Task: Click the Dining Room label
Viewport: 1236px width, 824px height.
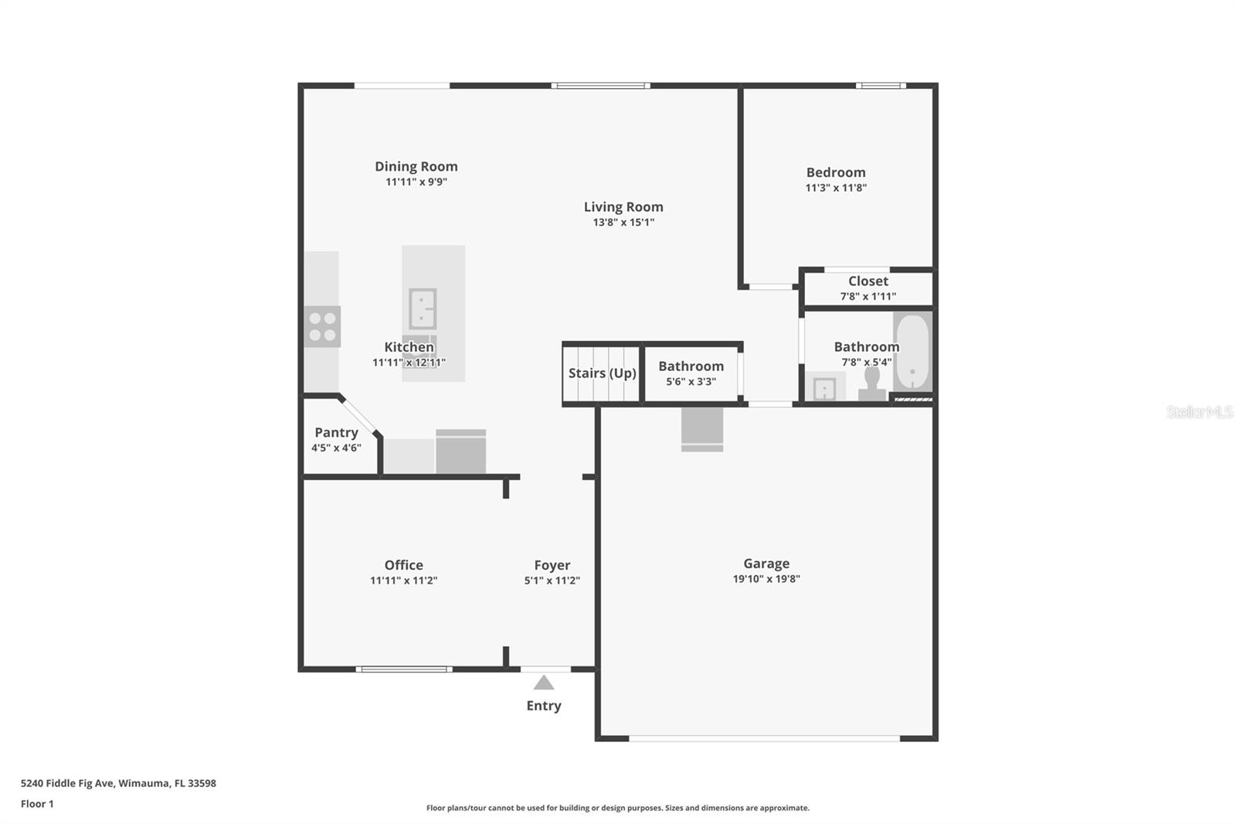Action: (416, 166)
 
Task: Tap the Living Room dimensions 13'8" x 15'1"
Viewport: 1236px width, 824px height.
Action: (623, 223)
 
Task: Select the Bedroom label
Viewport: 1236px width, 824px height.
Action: (836, 172)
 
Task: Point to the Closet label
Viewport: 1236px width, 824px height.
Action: (868, 281)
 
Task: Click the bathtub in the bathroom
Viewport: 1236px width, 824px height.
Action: (912, 352)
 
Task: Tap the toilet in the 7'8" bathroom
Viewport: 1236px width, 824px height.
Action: (872, 383)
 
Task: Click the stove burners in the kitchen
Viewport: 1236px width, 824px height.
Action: (322, 326)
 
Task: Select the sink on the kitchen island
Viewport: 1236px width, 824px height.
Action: (423, 308)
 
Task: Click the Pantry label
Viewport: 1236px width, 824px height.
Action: (336, 433)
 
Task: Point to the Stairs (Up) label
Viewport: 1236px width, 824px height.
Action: (602, 373)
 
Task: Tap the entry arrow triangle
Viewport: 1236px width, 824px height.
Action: (544, 683)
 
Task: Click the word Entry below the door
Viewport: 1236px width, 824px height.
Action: (544, 706)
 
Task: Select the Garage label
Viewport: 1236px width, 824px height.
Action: (766, 564)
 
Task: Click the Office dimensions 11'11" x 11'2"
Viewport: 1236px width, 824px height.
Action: (403, 581)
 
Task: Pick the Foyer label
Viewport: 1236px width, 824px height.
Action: (552, 565)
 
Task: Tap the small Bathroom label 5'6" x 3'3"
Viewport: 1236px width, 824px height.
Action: (691, 366)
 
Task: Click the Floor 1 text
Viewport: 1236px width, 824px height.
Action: (37, 804)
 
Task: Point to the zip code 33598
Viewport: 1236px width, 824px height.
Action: (202, 783)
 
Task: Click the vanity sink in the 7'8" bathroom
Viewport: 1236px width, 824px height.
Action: (824, 388)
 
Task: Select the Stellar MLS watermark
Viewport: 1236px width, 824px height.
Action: (1199, 412)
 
